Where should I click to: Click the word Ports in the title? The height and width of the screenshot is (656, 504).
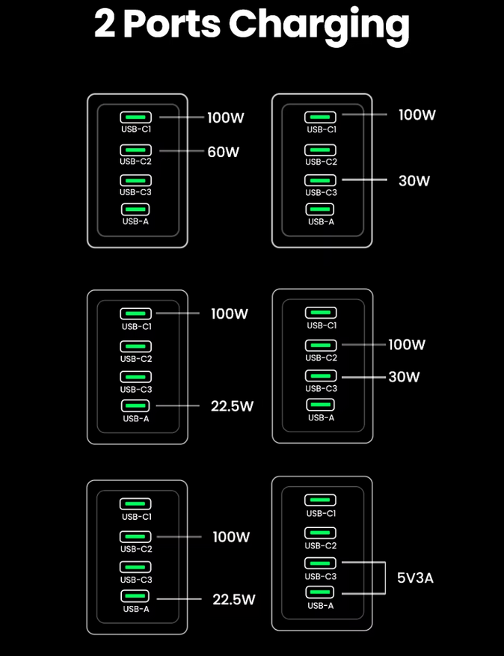[172, 25]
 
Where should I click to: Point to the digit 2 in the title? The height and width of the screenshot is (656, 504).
[105, 25]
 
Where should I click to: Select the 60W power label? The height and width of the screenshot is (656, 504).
[223, 152]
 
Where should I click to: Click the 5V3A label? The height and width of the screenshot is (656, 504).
[415, 577]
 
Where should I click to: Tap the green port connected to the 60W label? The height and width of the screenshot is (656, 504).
[135, 150]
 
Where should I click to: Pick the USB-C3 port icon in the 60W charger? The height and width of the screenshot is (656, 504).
[135, 180]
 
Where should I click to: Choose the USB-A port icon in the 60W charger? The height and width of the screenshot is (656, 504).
[135, 209]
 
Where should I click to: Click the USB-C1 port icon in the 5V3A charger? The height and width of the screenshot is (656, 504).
[320, 500]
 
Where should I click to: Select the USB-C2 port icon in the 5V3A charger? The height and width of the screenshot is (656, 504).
[320, 533]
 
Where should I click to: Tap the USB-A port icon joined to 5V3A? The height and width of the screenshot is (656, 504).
[320, 592]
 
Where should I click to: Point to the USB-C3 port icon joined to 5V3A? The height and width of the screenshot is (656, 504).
[320, 562]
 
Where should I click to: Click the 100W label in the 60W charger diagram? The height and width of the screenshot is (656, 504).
[226, 117]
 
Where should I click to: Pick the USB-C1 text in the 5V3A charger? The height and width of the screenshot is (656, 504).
[320, 513]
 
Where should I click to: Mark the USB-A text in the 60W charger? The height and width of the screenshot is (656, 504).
[135, 221]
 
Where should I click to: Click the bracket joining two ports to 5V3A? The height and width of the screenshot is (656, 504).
[384, 577]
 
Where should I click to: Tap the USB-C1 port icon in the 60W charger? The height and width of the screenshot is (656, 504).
[135, 117]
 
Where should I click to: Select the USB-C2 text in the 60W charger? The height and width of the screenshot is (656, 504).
[135, 162]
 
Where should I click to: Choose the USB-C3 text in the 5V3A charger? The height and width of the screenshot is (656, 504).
[320, 577]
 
